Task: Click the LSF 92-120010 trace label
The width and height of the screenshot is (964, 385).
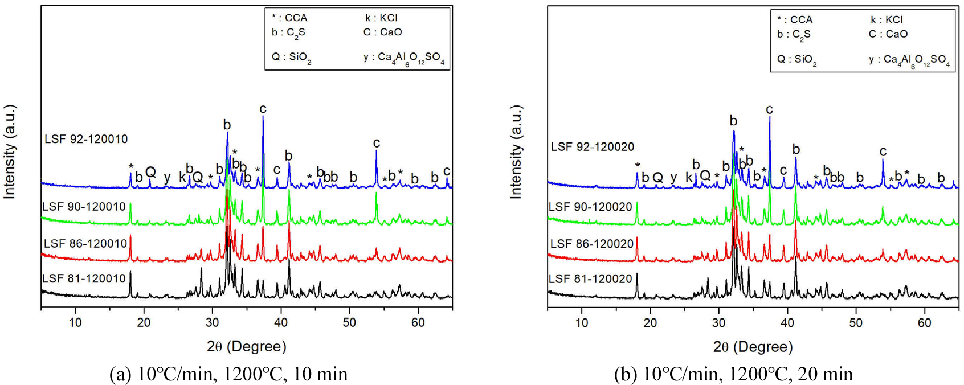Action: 86,139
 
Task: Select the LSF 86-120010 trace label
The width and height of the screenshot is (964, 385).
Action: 85,244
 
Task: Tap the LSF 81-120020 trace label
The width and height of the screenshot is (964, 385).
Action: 590,279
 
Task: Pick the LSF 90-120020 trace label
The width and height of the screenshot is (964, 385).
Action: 590,207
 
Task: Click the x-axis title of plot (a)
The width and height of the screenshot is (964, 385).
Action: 246,346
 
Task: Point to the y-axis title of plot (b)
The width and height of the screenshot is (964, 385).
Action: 515,152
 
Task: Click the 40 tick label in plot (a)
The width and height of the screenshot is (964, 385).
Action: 281,322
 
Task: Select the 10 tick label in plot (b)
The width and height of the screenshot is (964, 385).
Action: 582,322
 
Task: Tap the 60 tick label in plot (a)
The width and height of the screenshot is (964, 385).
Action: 418,322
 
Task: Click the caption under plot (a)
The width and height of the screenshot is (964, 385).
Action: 228,374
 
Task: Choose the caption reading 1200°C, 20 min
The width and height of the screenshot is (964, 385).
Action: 733,374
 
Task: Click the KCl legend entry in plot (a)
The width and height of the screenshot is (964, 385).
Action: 381,18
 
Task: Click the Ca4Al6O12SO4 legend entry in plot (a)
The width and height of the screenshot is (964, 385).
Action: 404,58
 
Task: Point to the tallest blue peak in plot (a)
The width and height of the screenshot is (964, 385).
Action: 263,117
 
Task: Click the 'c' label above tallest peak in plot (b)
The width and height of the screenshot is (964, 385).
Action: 769,109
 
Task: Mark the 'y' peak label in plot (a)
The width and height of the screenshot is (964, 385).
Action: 167,177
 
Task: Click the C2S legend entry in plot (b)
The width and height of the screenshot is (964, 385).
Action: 794,35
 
